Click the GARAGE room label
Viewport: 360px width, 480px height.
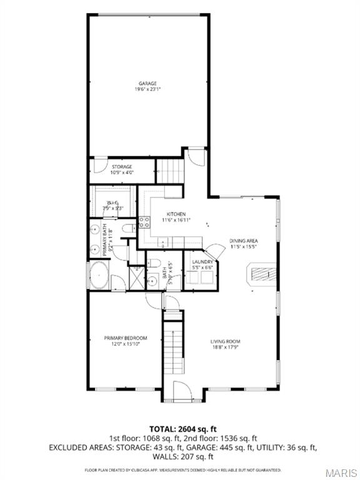[147, 83]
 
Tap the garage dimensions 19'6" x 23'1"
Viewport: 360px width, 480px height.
[147, 89]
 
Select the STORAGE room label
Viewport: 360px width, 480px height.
[121, 167]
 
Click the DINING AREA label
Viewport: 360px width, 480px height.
[244, 240]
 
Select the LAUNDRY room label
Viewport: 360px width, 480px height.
[203, 262]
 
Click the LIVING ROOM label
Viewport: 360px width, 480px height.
[225, 341]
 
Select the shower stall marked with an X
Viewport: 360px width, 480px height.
[136, 276]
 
